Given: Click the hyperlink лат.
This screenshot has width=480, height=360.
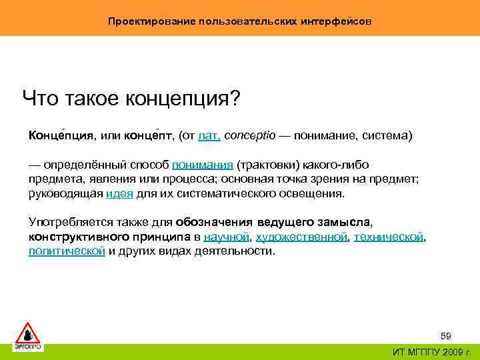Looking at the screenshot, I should click(209, 136).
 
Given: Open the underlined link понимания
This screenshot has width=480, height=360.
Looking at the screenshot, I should click(203, 165).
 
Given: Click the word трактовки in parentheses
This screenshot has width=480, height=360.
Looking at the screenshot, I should click(270, 165).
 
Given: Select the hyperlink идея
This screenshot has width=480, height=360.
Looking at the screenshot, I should click(119, 194).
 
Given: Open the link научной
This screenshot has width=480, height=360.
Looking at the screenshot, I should click(226, 237).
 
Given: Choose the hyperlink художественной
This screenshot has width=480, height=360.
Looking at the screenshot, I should click(301, 237).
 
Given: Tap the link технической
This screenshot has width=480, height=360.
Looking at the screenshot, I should click(389, 237).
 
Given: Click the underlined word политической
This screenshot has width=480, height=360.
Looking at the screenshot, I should click(67, 251).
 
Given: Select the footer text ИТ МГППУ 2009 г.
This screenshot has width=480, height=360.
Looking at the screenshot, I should click(431, 352).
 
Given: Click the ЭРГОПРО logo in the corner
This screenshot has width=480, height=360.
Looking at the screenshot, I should click(28, 335).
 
